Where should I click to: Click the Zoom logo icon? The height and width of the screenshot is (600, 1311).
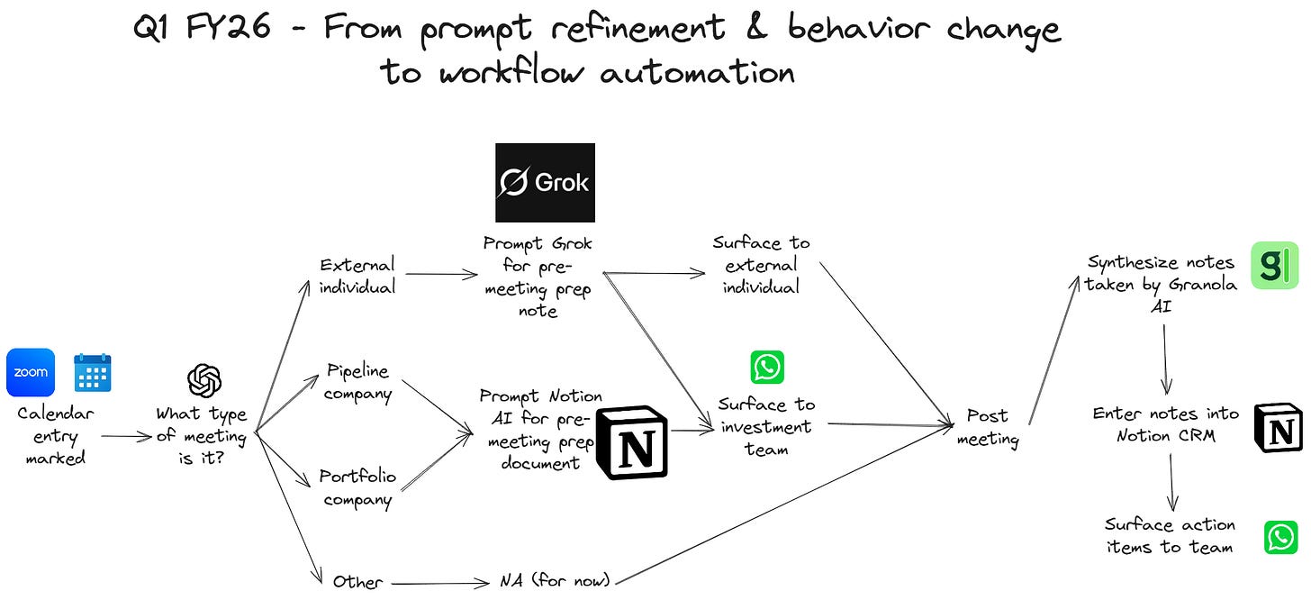coord(31,372)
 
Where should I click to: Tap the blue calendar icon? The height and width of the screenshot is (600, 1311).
coord(93,372)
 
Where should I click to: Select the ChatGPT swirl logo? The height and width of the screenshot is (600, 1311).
coord(204,380)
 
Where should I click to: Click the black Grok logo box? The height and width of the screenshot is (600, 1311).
coord(545,183)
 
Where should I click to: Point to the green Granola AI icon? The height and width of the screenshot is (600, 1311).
coord(1274,265)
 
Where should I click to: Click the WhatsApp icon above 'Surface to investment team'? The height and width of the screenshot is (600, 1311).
coord(767,368)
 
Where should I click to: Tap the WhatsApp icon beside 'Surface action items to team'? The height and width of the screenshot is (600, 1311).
coord(1280,537)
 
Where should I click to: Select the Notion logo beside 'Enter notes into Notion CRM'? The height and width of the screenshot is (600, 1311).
coord(1278,427)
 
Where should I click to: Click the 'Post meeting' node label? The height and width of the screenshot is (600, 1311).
coord(987,427)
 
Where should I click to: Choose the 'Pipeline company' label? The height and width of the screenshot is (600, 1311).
coord(358,382)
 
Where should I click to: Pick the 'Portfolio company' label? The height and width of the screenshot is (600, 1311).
coord(357,487)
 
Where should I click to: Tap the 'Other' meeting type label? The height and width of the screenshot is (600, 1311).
coord(357,581)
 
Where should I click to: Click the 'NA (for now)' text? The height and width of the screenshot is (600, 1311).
coord(554,580)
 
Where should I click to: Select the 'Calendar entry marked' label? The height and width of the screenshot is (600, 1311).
coord(55,435)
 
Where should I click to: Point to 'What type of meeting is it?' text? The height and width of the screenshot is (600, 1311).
coord(201,436)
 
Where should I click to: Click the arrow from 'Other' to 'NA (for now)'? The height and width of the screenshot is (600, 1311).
coord(436,582)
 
